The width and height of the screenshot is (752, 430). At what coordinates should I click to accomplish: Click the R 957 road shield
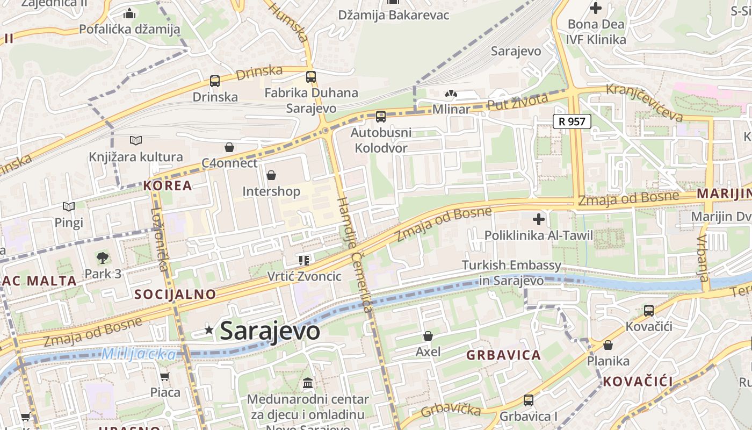[x=572, y=121]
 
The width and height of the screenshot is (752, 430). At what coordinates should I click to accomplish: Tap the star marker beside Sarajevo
[x=209, y=330]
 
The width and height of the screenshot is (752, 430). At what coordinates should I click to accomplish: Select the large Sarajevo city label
[x=270, y=331]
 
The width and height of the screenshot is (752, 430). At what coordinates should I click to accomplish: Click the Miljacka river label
[x=139, y=354]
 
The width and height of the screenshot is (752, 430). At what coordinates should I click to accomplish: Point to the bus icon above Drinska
[x=215, y=81]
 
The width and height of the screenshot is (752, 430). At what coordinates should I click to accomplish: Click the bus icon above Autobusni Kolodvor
[x=381, y=116]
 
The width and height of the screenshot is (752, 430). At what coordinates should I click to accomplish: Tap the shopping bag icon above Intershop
[x=271, y=175]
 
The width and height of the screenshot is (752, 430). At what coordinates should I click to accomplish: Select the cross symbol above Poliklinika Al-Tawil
[x=539, y=219]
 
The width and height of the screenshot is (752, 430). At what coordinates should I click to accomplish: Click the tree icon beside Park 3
[x=102, y=258]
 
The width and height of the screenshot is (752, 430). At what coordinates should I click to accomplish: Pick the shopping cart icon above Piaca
[x=165, y=376]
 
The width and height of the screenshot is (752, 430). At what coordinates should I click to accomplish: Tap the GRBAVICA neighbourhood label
[x=503, y=355]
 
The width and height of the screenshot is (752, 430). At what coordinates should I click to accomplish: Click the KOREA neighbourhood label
[x=168, y=186]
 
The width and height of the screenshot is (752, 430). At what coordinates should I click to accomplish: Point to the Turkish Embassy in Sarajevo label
[x=511, y=273]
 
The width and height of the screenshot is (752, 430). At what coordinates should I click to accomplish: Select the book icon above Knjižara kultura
[x=136, y=141]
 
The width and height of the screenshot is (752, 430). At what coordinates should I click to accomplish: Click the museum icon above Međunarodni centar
[x=308, y=383]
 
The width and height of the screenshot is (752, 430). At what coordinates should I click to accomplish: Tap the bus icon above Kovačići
[x=649, y=310]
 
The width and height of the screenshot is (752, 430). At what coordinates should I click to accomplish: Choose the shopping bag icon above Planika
[x=608, y=345]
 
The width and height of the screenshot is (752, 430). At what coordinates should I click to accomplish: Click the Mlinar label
[x=451, y=110]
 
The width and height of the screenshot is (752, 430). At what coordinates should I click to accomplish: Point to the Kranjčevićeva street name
[x=645, y=103]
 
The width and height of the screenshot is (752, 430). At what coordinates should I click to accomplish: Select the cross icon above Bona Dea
[x=596, y=8]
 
